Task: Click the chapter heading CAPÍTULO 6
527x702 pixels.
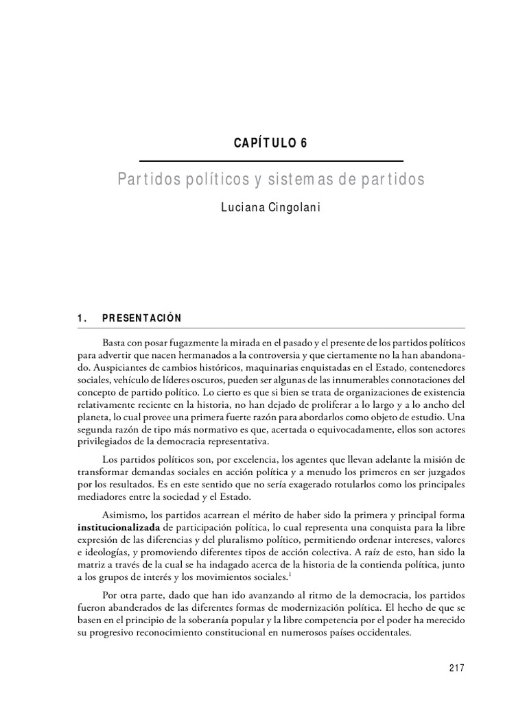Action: [271, 143]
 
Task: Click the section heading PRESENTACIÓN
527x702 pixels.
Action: [142, 318]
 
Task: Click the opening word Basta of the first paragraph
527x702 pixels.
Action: [114, 341]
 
